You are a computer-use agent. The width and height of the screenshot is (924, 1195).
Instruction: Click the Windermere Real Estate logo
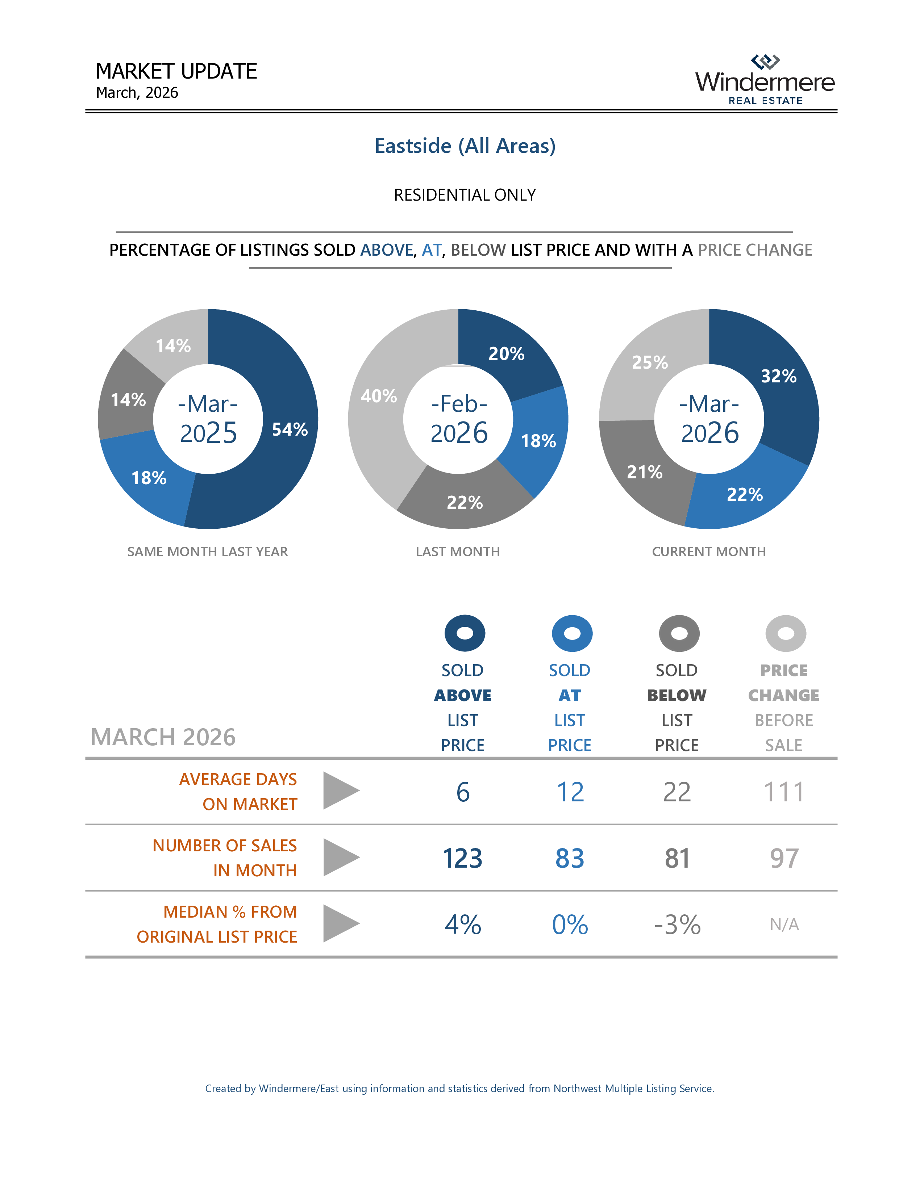coord(765,80)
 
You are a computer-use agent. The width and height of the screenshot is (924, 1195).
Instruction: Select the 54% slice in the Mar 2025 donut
coord(290,429)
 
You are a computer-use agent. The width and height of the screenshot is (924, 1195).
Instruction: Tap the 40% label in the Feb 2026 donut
coord(378,395)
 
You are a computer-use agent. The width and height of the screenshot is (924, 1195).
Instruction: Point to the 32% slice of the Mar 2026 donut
coord(778,377)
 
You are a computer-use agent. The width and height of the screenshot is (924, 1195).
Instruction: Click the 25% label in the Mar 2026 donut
coord(650,362)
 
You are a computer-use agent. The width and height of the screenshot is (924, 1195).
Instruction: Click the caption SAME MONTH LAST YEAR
coord(208,552)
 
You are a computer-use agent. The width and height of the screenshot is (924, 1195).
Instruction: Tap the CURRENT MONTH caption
coord(708,552)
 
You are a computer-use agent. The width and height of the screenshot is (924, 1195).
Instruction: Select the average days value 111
coord(784,792)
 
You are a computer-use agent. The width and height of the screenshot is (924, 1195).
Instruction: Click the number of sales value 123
coord(463,858)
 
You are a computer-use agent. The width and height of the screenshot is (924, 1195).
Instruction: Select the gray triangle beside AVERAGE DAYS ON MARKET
coord(340,791)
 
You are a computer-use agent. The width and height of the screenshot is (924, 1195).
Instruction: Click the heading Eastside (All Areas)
coord(465,146)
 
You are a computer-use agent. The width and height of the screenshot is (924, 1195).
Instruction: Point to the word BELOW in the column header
coord(677,695)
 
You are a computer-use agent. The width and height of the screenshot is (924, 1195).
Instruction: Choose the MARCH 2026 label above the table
coord(163,737)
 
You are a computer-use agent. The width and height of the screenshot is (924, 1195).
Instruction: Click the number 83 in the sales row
coord(570,858)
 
